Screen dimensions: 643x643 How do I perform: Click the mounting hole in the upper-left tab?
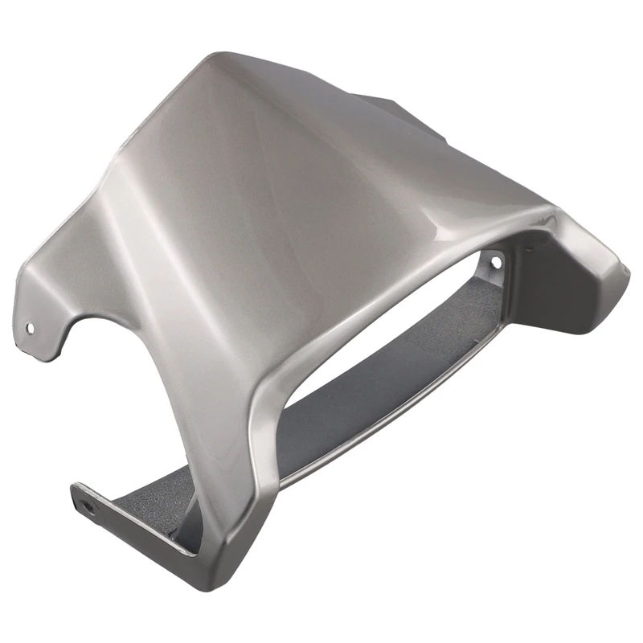pyautogui.click(x=31, y=327)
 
